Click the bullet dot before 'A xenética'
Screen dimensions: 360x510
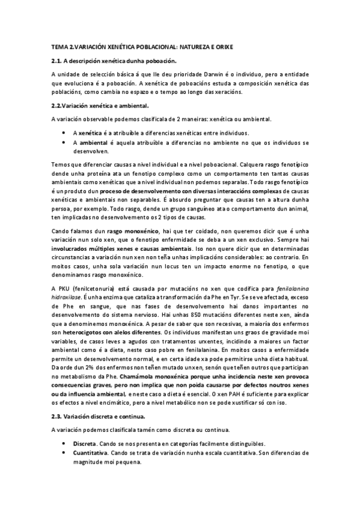(64, 132)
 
